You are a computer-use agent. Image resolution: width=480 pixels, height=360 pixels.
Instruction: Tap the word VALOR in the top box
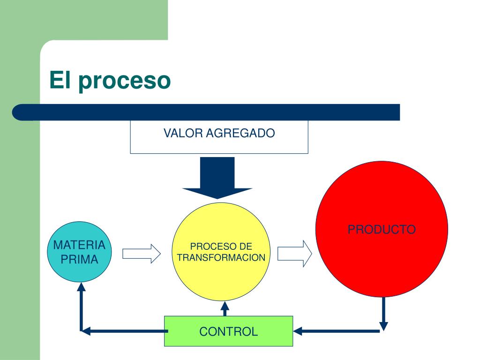pos(183,133)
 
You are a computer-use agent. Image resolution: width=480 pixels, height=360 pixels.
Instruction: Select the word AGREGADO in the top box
pos(240,133)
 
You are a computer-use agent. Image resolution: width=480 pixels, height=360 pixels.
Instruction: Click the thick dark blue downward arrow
pos(217,178)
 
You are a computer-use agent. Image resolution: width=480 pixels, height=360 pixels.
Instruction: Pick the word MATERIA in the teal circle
pos(79,245)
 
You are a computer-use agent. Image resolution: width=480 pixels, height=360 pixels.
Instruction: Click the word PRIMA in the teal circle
pos(79,260)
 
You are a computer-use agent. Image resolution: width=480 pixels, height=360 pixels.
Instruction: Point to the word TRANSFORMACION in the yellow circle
pos(221,257)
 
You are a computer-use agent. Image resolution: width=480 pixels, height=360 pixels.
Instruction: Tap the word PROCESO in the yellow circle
pos(210,247)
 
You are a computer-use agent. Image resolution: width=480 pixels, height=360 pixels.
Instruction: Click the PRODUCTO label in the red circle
pos(382,229)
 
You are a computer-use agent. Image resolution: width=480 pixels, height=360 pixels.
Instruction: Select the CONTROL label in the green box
pos(228,331)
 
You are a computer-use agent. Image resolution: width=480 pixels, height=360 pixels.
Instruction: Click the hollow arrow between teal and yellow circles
pos(142,254)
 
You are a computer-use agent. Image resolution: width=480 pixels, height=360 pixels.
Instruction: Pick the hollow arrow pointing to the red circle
pos(295,254)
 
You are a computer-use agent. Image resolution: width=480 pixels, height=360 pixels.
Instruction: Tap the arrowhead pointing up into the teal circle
pos(81,287)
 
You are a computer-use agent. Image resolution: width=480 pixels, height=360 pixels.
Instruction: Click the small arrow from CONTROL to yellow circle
pos(225,308)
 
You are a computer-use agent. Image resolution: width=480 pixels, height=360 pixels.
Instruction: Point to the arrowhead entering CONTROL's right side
pos(298,331)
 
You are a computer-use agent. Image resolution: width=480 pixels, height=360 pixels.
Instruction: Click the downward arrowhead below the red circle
pos(383,326)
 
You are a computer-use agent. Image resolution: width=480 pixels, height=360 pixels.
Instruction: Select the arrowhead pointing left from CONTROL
pos(86,331)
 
